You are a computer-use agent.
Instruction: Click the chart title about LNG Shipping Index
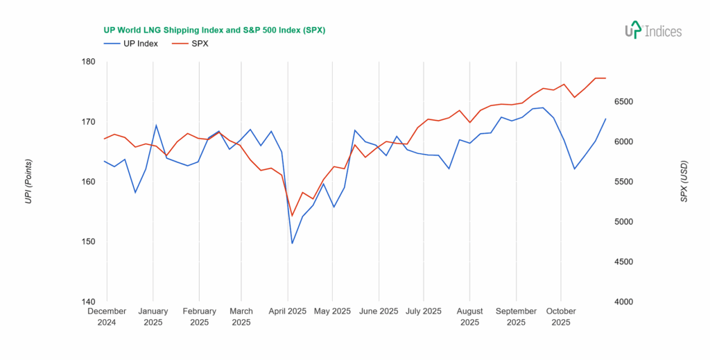coord(214,31)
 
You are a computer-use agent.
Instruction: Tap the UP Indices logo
coord(652,31)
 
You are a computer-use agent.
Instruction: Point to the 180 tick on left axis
coord(88,62)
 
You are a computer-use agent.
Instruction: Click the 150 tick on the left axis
coord(88,242)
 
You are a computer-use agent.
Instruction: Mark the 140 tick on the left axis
coord(88,302)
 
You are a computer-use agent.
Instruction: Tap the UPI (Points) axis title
coord(28,182)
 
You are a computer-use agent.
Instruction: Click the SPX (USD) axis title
coord(684,182)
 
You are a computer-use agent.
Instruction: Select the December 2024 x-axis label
coord(107,316)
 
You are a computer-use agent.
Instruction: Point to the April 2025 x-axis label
coord(287,311)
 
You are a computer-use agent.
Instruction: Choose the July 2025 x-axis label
coord(422,311)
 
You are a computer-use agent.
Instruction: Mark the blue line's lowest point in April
coord(292,243)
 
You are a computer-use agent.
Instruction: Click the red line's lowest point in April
coord(292,216)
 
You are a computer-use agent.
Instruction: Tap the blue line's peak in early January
coord(156,125)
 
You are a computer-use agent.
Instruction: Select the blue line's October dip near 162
coord(574,169)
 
